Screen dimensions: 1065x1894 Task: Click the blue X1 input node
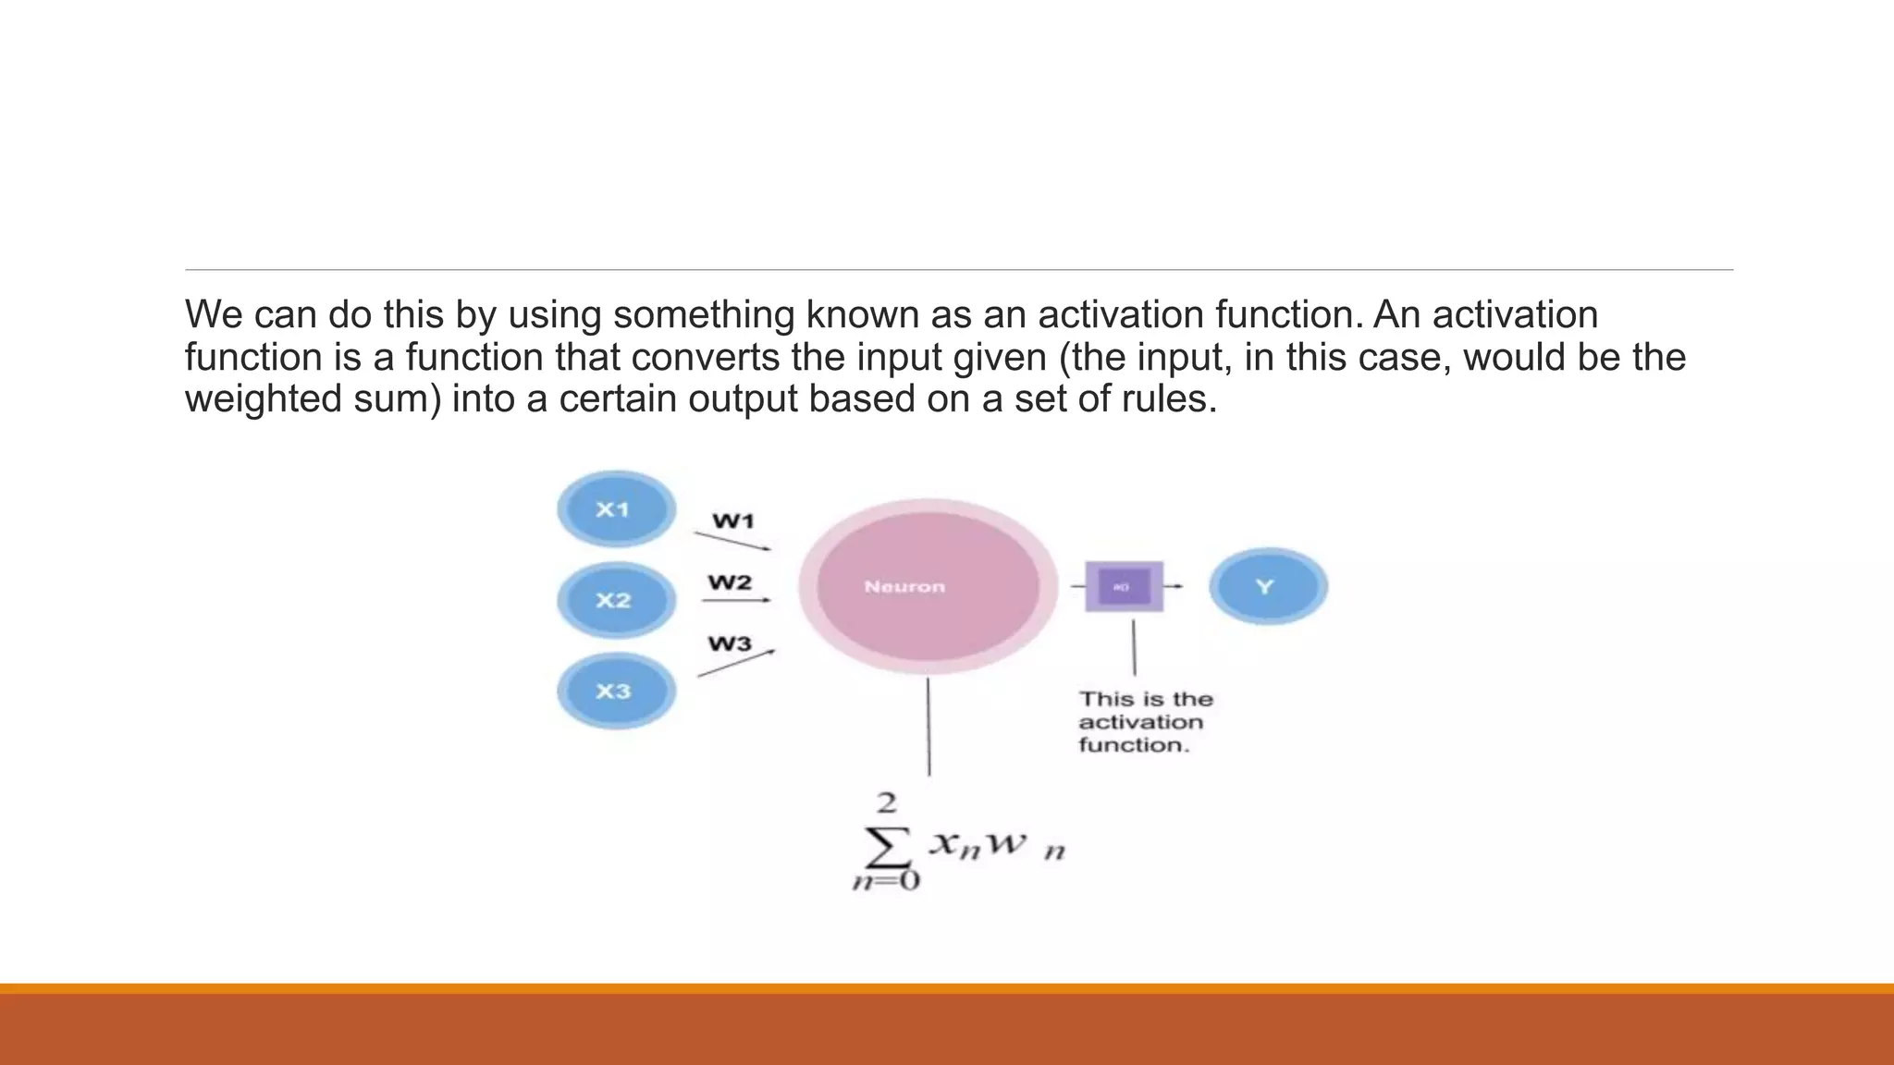click(x=616, y=508)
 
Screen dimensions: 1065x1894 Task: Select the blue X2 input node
click(x=616, y=600)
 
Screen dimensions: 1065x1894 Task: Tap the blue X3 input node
click(x=616, y=691)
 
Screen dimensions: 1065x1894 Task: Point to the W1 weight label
click(x=733, y=521)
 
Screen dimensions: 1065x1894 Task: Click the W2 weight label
click(x=730, y=582)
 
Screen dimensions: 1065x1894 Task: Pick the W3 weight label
click(x=730, y=643)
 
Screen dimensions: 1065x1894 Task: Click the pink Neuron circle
click(x=928, y=586)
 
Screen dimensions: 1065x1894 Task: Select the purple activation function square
click(x=1124, y=586)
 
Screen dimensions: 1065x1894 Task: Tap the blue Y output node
click(x=1268, y=586)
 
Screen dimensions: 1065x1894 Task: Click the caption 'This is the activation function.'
click(x=1145, y=722)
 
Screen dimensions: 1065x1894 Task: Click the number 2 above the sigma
click(x=887, y=802)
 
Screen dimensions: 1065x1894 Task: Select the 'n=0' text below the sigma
click(x=886, y=880)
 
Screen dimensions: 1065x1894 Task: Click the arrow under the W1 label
click(x=732, y=541)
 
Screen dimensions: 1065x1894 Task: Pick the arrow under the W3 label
click(x=736, y=663)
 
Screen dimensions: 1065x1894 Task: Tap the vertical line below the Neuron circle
click(x=929, y=726)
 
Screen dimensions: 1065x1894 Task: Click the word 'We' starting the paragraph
click(x=214, y=314)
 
